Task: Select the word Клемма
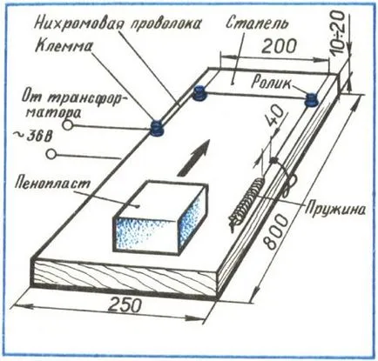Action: click(x=64, y=46)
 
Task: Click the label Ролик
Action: click(x=271, y=83)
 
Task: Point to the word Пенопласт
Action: click(x=53, y=183)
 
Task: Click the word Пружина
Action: click(x=334, y=209)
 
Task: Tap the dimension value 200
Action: click(x=280, y=46)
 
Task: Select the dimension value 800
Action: click(x=276, y=231)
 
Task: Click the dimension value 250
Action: click(x=125, y=305)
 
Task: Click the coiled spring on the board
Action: click(x=246, y=202)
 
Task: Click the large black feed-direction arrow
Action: click(x=193, y=157)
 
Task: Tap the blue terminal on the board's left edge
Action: click(x=157, y=128)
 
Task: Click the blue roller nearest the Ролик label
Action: click(x=312, y=100)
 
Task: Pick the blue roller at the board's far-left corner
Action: click(x=199, y=93)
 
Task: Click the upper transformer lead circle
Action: click(x=67, y=125)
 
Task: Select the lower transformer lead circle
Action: click(x=51, y=154)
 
